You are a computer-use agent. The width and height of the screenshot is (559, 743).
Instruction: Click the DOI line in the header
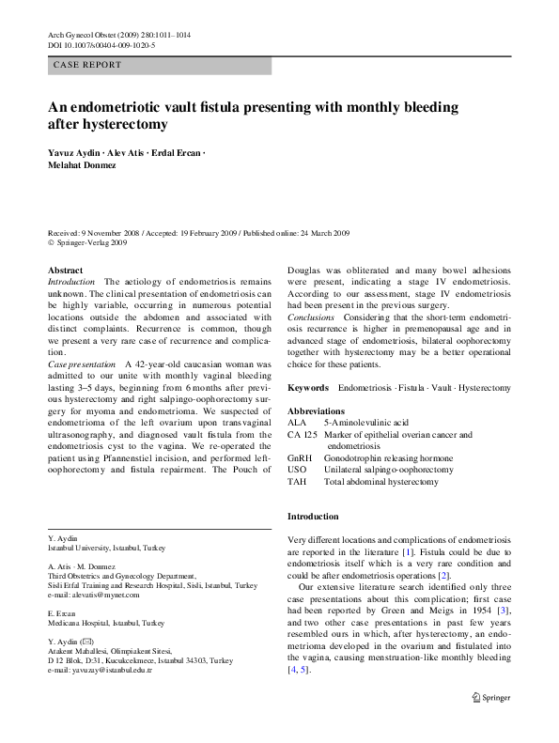[101, 44]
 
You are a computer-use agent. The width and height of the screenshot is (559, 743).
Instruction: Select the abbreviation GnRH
[300, 457]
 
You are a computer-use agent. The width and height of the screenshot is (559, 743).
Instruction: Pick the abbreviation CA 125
[303, 435]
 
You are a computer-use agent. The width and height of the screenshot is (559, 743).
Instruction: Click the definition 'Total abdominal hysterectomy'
[380, 481]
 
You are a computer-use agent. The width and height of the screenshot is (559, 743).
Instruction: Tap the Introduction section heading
[313, 517]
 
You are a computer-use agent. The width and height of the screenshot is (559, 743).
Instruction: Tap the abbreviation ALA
[296, 424]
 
